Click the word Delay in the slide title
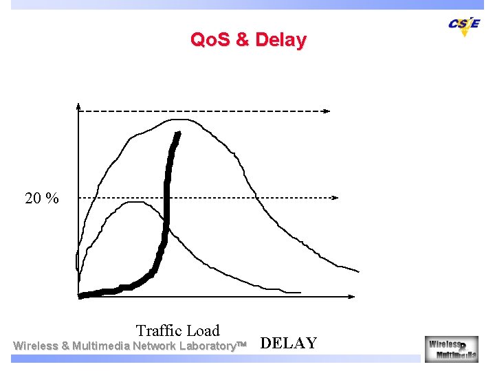(280, 40)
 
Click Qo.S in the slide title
(210, 40)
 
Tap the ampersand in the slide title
(242, 40)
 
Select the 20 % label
(42, 199)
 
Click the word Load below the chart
(203, 330)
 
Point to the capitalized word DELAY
(289, 344)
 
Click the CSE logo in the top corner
(464, 24)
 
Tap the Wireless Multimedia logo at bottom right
(451, 348)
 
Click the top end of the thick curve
(179, 135)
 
